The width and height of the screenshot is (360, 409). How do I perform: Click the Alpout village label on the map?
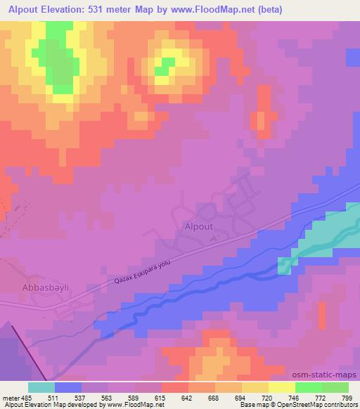(198, 226)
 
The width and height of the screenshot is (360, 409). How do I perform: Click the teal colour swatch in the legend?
(41, 387)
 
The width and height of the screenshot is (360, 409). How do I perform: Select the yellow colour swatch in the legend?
(281, 387)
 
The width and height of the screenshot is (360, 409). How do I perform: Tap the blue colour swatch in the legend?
(67, 387)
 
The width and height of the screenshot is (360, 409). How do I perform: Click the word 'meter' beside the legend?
(9, 397)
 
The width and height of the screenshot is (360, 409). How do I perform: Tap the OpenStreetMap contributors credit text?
(315, 405)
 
